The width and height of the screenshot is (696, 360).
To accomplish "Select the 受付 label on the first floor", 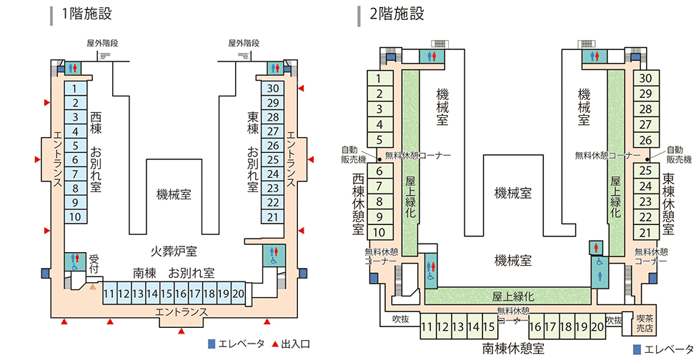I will pos(94,263).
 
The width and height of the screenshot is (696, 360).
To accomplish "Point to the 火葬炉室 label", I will pos(174,251).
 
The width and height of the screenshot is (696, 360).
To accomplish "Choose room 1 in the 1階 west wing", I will pos(75,89).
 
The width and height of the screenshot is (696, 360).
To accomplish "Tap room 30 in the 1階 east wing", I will pos(272,89).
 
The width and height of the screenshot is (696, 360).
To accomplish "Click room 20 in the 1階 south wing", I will pos(239,294).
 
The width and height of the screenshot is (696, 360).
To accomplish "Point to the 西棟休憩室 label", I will pos(359,204).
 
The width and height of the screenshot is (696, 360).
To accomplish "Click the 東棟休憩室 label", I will pos(668,204).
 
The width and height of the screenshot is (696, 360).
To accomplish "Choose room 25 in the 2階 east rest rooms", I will pos(645,170).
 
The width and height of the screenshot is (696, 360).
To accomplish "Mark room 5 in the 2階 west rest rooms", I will pos(379,139).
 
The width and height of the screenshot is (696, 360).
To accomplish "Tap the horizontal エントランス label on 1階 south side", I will pos(181,313).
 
